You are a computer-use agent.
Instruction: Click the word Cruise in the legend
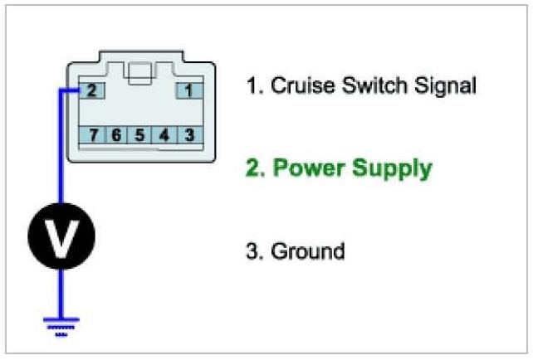300,85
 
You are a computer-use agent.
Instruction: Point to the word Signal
447,86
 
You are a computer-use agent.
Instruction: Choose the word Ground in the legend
307,251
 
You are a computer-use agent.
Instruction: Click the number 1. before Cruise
253,85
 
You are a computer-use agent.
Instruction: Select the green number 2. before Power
254,168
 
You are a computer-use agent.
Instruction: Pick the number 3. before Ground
254,251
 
